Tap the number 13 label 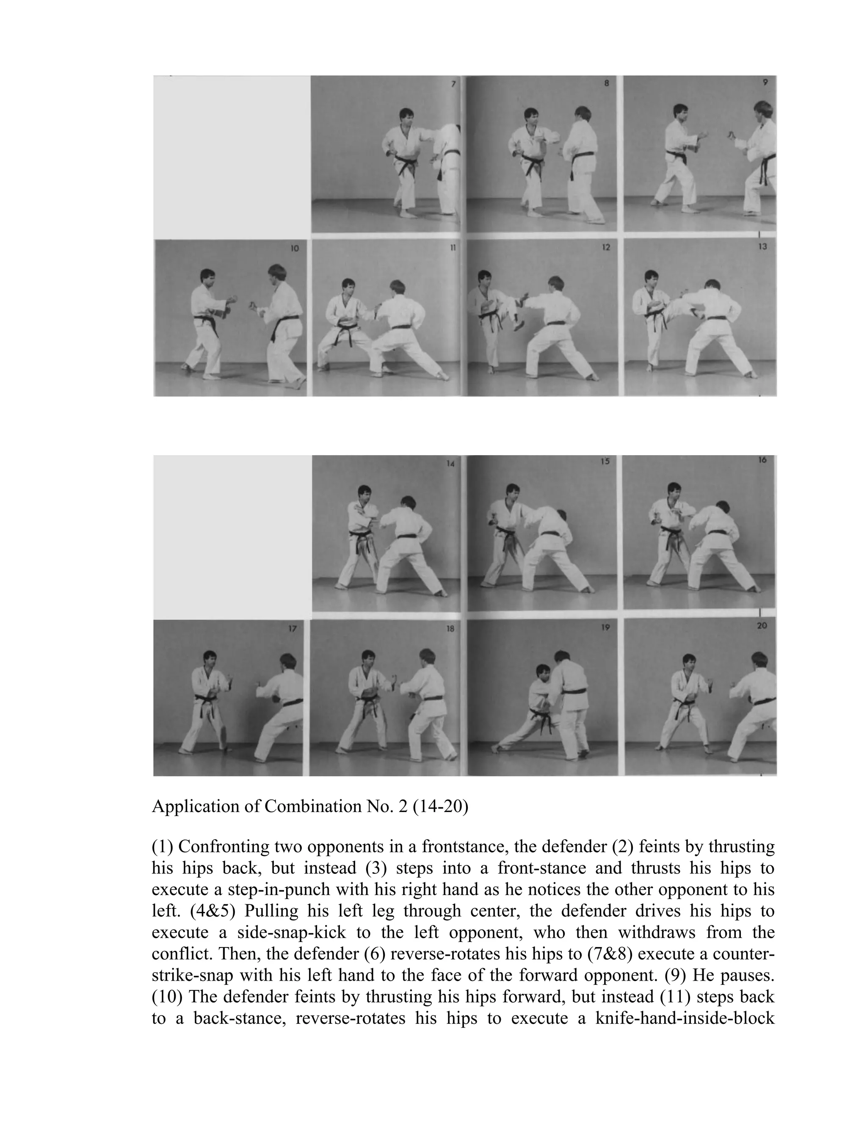[x=762, y=246]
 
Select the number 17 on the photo [x=292, y=628]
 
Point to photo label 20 [x=762, y=626]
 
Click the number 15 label [x=605, y=462]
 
